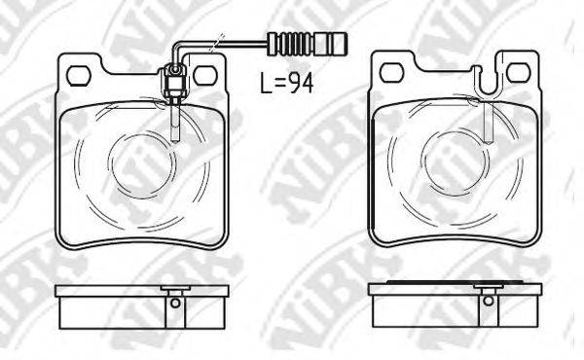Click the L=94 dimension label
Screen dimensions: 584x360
tap(287, 83)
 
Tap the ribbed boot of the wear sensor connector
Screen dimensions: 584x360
tap(296, 44)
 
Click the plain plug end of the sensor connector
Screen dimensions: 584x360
tap(331, 44)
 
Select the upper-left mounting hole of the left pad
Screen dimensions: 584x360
tap(79, 76)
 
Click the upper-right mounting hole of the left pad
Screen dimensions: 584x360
tap(205, 76)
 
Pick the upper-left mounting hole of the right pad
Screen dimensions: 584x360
tap(391, 73)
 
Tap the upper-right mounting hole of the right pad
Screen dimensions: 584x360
tap(518, 73)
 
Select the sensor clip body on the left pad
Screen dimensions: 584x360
tap(173, 81)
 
